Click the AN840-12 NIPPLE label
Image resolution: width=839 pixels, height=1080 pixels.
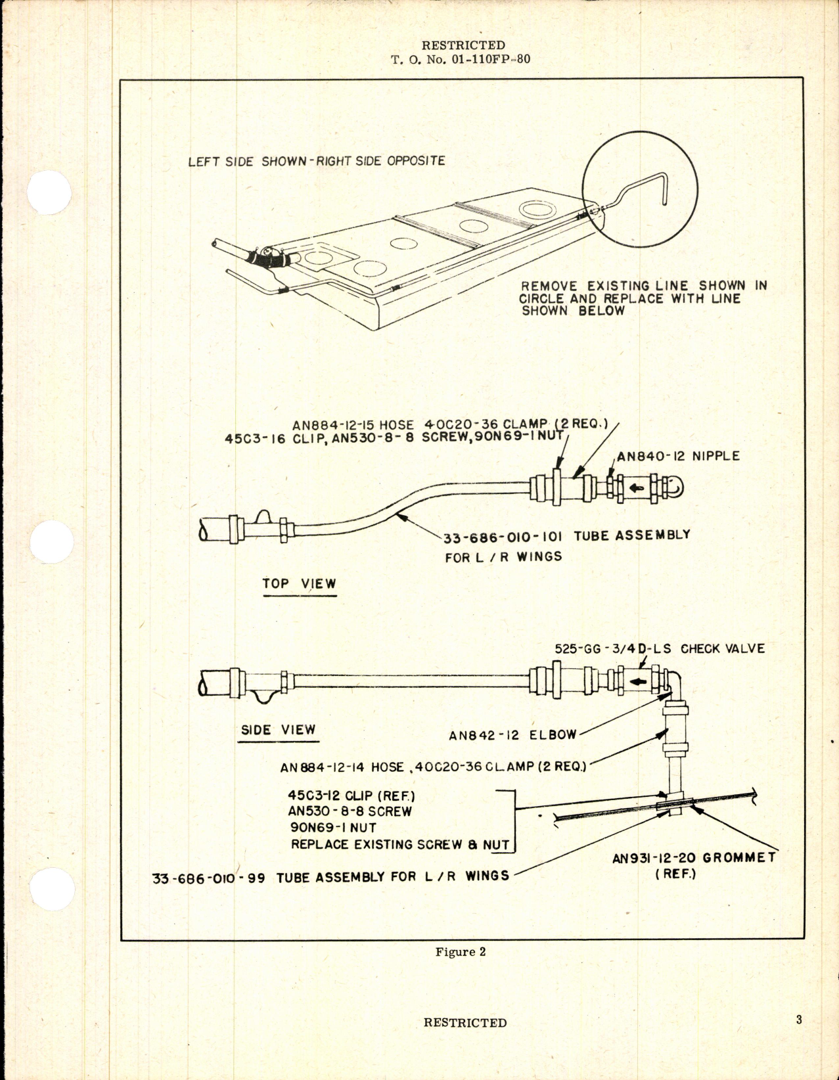[x=678, y=456]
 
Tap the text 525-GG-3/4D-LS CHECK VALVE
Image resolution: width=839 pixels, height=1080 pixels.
[x=660, y=648]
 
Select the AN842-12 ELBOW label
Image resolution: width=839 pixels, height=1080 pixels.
[x=512, y=735]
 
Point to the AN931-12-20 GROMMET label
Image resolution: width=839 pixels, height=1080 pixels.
[x=694, y=858]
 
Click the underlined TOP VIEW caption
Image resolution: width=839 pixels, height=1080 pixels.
[x=299, y=583]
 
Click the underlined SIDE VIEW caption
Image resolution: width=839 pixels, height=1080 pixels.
[x=278, y=730]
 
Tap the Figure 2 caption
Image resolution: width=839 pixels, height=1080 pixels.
[x=460, y=952]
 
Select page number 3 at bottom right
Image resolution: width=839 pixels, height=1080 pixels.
[x=798, y=1020]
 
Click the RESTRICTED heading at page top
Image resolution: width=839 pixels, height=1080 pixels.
[x=463, y=45]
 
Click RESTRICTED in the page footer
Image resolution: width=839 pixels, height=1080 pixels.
[x=465, y=1022]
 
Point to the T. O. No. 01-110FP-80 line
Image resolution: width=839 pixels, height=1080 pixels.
[x=461, y=59]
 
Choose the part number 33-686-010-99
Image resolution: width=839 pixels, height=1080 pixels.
[x=208, y=878]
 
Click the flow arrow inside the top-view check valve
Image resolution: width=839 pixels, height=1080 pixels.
[x=635, y=488]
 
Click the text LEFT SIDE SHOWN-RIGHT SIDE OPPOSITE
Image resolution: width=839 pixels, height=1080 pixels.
[x=316, y=161]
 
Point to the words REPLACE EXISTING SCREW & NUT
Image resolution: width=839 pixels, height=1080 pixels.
[x=400, y=845]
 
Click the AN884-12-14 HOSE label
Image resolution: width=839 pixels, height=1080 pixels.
[x=342, y=767]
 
